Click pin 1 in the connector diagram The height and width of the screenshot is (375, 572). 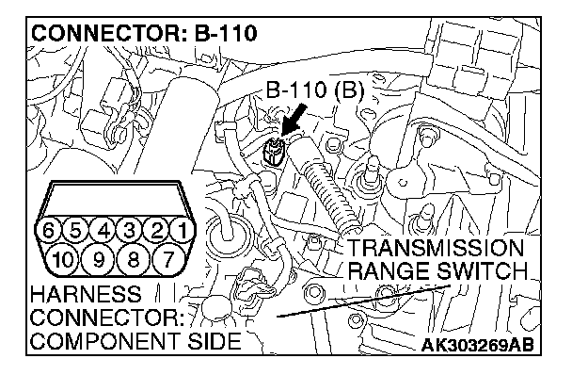[183, 231]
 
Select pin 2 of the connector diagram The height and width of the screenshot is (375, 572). [156, 231]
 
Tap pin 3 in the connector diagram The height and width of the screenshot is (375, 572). [129, 231]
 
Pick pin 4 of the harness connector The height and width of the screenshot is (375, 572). [103, 231]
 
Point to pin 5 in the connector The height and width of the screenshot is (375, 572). [75, 231]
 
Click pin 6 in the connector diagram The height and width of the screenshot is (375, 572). [48, 231]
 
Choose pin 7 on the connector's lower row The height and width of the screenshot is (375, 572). [167, 260]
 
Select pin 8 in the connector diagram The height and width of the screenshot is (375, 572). [133, 260]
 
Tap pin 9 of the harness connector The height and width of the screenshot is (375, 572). [99, 260]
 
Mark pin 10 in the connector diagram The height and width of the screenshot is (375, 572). [62, 260]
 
